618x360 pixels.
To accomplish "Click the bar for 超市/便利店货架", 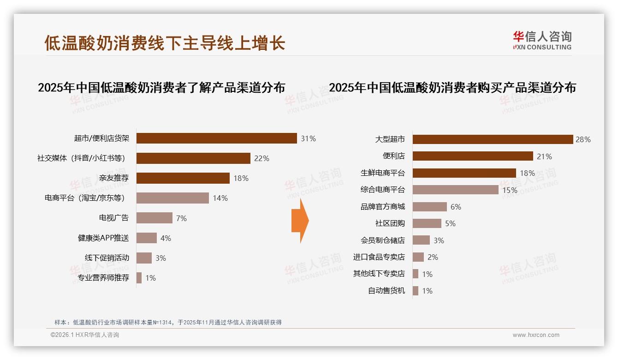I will (216, 138).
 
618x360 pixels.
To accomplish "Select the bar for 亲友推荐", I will (183, 178).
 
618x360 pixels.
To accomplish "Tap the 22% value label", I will (261, 158).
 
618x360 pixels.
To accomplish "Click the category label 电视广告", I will (114, 218).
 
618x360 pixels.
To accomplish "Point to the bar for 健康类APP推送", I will (146, 238).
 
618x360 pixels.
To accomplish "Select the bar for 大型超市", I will (492, 139).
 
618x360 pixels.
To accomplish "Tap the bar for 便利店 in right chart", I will (472, 156).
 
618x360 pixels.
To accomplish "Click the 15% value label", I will (510, 190).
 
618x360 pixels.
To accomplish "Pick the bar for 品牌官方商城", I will (429, 207).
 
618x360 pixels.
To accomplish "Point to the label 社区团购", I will (390, 223).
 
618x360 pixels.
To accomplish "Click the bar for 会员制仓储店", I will (421, 240).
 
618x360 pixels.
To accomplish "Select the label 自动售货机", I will (386, 291).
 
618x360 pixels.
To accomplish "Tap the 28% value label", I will (583, 139).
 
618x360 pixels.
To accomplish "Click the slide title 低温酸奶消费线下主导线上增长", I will (165, 43).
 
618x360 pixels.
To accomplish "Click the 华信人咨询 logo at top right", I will (542, 41).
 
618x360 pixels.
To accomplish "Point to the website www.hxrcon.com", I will (536, 335).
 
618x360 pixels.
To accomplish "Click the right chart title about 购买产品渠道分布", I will (452, 88).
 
